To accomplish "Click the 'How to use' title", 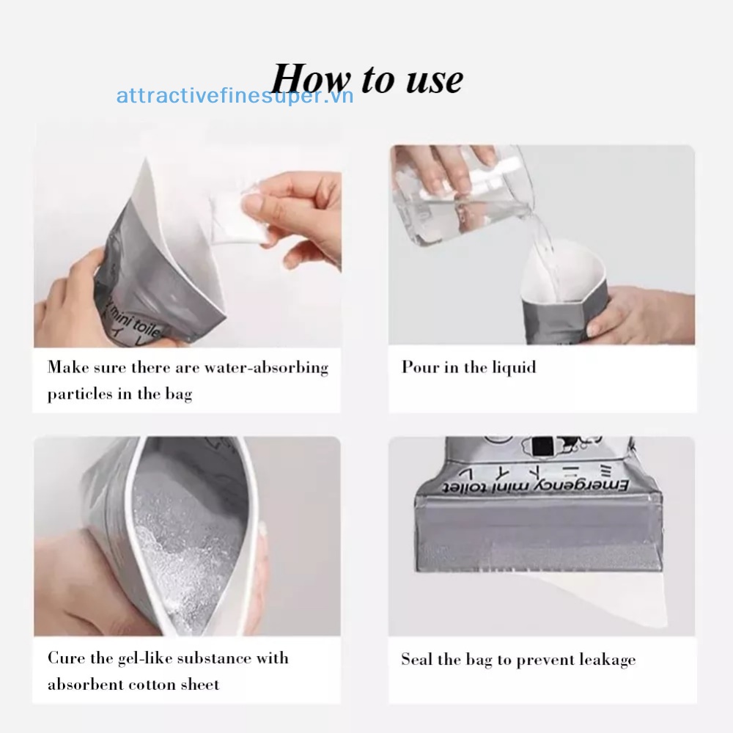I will pyautogui.click(x=367, y=79).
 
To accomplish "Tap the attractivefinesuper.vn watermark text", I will pyautogui.click(x=235, y=96).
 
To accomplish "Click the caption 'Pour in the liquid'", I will pyautogui.click(x=468, y=367).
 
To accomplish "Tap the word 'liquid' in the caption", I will pyautogui.click(x=513, y=367).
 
